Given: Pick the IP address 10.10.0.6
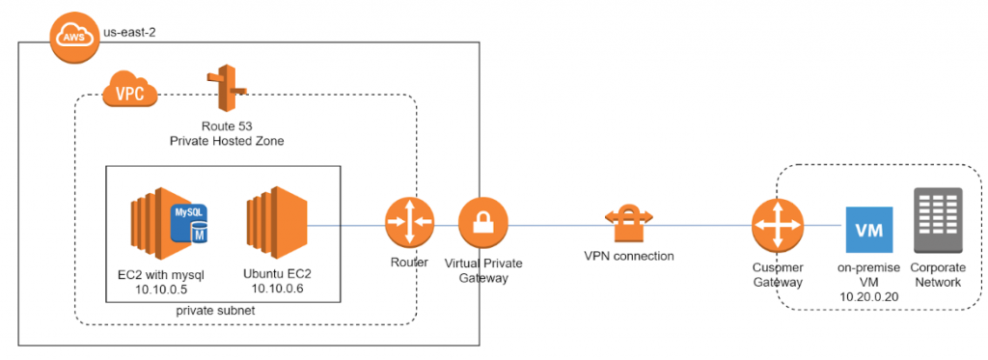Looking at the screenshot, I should pos(278,289).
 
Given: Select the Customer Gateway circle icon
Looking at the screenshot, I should pos(777,225).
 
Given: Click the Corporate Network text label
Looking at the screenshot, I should pos(936,274).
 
